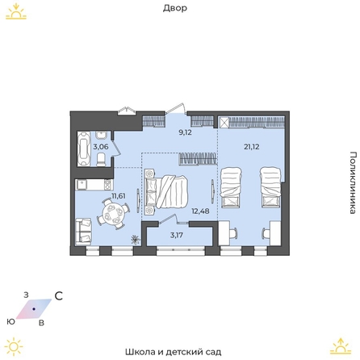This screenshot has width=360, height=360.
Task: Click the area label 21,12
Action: point(252,147)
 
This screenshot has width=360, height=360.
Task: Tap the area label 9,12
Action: point(186,132)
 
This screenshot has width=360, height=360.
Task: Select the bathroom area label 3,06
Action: point(101,147)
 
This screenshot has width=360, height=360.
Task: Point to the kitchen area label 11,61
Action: point(119,195)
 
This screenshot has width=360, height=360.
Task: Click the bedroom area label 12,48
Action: point(200,211)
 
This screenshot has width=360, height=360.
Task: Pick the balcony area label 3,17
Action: point(177,235)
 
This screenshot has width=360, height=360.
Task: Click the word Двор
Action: point(175,8)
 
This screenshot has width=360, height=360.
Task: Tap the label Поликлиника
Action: point(354,182)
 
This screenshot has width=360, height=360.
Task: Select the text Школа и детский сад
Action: point(174,352)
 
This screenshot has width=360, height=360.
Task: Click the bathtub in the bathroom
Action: point(83,149)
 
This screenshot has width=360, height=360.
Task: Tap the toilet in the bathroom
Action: point(101,160)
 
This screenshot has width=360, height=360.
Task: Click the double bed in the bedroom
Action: point(166,191)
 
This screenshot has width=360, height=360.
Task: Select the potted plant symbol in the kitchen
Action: point(135,239)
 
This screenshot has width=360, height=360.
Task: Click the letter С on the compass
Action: point(59,296)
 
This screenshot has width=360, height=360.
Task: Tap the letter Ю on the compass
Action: point(11,321)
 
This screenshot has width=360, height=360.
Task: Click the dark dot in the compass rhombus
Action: point(34,309)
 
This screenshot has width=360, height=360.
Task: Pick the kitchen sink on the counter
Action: point(82,184)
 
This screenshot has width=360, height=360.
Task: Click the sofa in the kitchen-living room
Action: point(83,232)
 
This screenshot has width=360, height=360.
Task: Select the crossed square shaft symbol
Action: point(224,123)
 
